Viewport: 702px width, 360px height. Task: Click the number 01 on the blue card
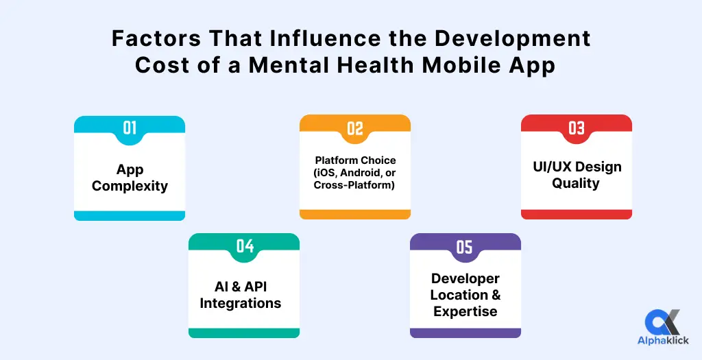(130, 128)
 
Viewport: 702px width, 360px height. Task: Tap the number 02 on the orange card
(354, 129)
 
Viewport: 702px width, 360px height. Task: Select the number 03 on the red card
(576, 128)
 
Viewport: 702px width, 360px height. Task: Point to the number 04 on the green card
(245, 245)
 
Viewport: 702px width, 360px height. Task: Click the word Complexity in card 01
(130, 186)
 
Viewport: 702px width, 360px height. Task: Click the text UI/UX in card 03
(552, 167)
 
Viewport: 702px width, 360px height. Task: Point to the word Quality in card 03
(575, 184)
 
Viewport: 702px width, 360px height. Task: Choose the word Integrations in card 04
(241, 303)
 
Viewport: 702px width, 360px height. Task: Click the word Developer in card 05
(465, 279)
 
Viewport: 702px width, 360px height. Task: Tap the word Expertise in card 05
(465, 311)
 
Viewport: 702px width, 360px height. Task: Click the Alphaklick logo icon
(663, 322)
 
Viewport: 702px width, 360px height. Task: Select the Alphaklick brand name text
(663, 341)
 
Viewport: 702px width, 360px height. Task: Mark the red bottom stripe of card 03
(576, 215)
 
